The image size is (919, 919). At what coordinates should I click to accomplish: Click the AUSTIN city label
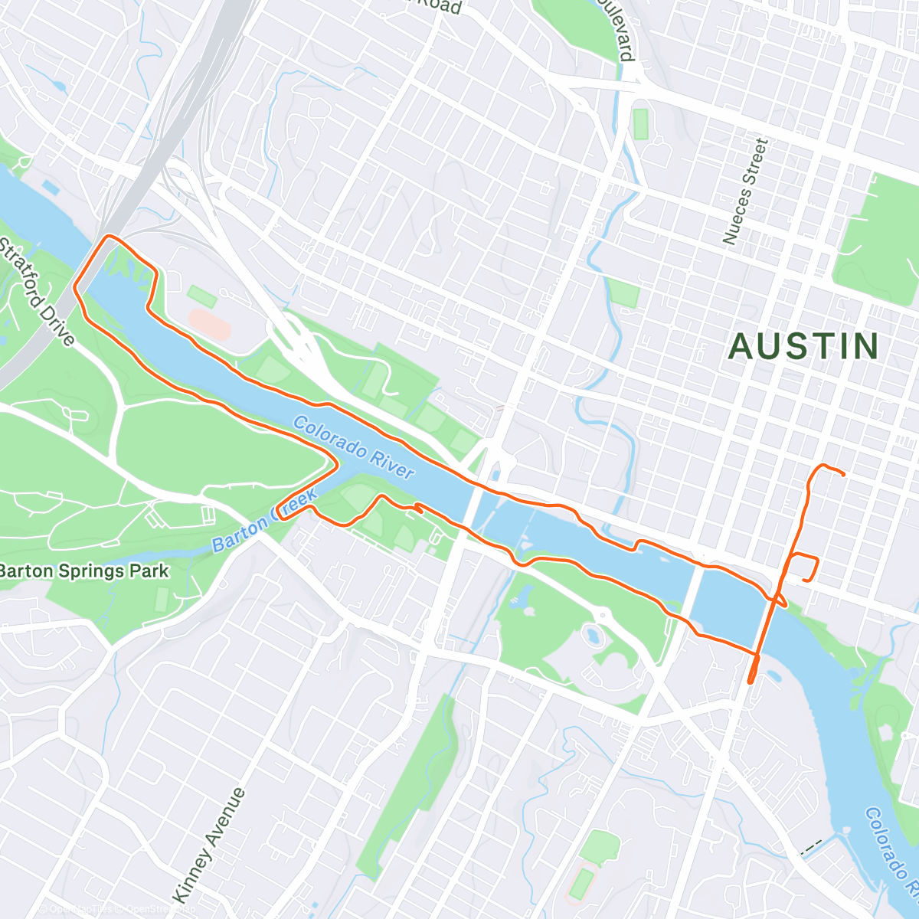pyautogui.click(x=803, y=347)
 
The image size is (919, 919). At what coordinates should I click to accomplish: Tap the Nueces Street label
pyautogui.click(x=744, y=191)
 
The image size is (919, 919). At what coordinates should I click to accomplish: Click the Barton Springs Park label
pyautogui.click(x=83, y=571)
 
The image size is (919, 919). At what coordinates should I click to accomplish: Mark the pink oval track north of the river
pyautogui.click(x=209, y=324)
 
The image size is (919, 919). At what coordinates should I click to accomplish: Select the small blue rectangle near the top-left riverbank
pyautogui.click(x=51, y=187)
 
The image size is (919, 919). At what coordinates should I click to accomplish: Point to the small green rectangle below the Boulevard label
pyautogui.click(x=640, y=123)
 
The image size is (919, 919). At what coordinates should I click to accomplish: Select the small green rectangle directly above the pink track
pyautogui.click(x=201, y=296)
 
